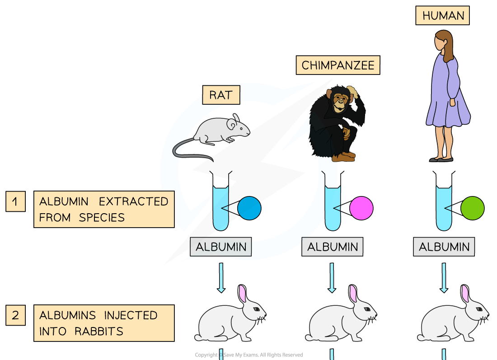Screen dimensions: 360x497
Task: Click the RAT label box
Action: [x=221, y=95]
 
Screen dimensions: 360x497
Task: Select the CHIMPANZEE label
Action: [x=338, y=65]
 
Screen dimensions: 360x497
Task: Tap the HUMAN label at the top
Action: [x=443, y=16]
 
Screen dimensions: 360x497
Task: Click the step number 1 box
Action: [x=15, y=201]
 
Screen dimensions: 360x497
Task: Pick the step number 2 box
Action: [x=15, y=315]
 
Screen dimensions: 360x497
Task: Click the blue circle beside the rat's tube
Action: [x=249, y=208]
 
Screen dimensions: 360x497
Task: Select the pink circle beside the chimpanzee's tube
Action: [x=361, y=208]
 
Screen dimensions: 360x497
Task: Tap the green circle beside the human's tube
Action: [x=473, y=208]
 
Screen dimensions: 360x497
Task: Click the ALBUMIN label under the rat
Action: [x=221, y=247]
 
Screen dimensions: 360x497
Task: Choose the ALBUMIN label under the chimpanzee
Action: [x=333, y=247]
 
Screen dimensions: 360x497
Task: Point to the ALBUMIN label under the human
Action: [x=444, y=247]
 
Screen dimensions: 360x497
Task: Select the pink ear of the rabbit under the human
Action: [x=465, y=294]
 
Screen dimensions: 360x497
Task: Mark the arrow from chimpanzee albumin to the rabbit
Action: [x=332, y=277]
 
